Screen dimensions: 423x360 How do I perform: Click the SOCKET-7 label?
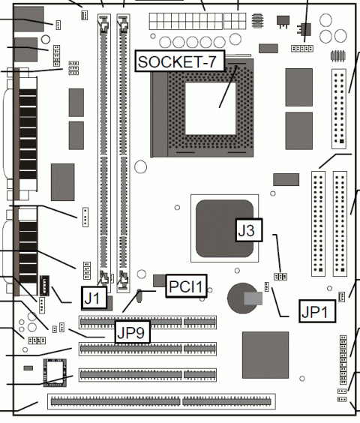tap(179, 61)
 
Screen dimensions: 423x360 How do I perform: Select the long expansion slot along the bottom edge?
tap(160, 402)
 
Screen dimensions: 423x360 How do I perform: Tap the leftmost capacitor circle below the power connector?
tap(160, 43)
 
